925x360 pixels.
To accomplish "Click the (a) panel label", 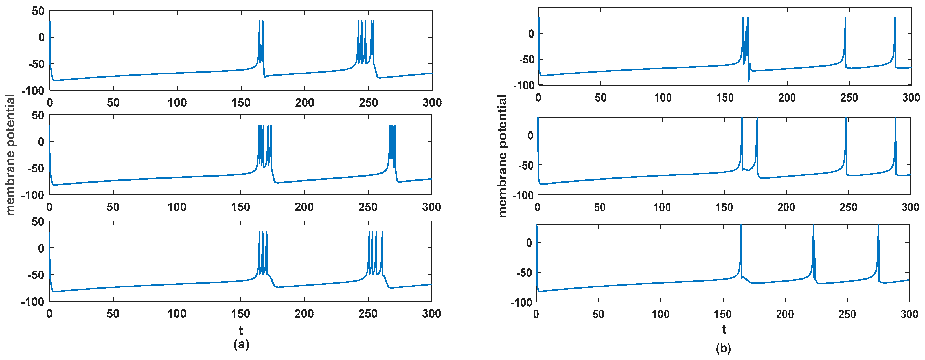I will (241, 344).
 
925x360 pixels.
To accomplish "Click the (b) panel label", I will (723, 348).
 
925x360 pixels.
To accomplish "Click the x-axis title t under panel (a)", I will (241, 330).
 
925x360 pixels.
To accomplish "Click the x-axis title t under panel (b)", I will (724, 330).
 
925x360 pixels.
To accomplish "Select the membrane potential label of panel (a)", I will (10, 155).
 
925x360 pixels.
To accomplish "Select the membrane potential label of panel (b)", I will (503, 156).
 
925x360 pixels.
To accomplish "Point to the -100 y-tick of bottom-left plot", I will (33, 302).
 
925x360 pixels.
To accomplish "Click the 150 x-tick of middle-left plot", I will (241, 207).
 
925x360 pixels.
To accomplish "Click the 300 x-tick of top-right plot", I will (911, 97).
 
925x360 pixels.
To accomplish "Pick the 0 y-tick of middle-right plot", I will (531, 135).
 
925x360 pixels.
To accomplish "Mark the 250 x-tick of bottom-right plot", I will (847, 314).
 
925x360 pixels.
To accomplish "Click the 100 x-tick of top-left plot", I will (177, 103).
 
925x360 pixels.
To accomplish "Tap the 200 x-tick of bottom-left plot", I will (304, 314).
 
